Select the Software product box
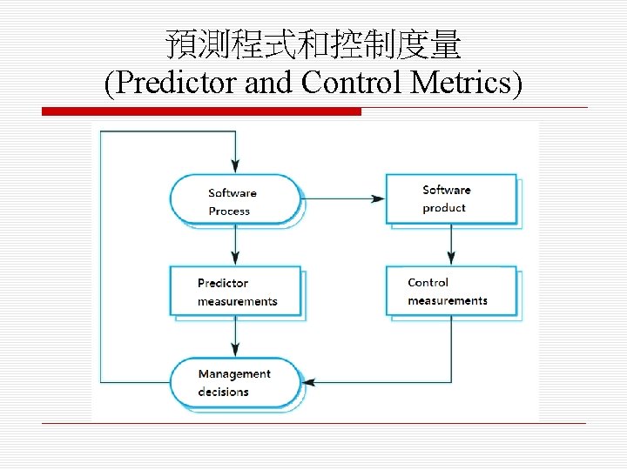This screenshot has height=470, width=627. tap(451, 198)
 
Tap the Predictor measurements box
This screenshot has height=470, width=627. tap(235, 291)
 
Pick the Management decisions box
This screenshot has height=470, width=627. tap(234, 382)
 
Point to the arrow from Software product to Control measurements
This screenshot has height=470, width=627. tap(451, 244)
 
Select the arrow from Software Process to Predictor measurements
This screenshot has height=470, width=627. tap(235, 245)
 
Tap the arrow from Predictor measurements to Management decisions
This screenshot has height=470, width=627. tap(235, 336)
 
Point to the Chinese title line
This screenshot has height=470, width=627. tap(313, 44)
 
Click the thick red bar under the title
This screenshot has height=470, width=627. tap(201, 111)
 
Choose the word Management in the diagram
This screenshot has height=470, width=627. tap(234, 373)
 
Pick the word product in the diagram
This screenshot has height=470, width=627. tap(444, 208)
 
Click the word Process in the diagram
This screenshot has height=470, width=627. tap(229, 211)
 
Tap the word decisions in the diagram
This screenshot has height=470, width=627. tap(223, 392)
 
